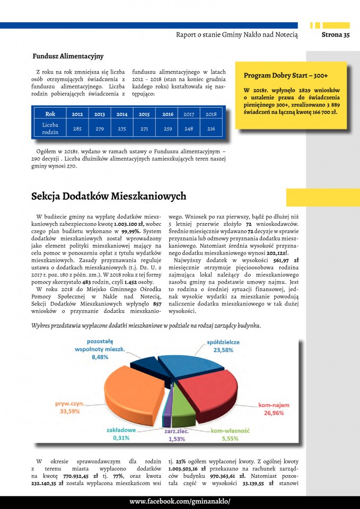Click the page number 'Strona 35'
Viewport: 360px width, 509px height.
336,35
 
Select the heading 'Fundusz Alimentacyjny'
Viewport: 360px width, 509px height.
68,56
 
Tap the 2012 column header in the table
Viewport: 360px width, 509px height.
77,114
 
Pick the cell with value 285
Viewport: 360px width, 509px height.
77,129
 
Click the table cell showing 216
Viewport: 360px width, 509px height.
211,129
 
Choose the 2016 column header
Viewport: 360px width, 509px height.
168,114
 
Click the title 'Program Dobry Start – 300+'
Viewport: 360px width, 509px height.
286,75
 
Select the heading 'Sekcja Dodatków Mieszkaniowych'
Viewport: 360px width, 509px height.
109,197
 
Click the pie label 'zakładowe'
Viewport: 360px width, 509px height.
121,430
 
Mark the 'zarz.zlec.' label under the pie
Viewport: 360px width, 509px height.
177,432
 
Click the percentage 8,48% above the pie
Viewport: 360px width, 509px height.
101,357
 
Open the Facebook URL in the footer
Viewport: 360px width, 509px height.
180,502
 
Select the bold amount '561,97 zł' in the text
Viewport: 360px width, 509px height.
286,260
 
